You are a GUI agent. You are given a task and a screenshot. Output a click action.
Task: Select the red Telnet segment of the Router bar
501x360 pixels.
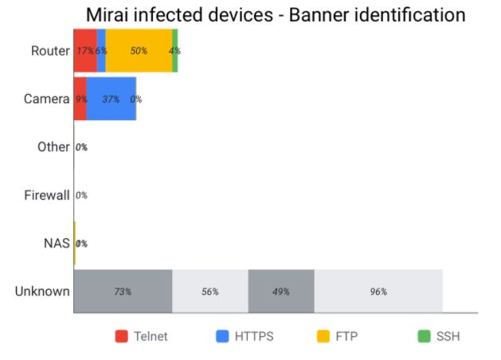84,51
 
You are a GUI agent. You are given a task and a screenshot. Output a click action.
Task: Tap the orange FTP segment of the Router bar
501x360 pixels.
139,51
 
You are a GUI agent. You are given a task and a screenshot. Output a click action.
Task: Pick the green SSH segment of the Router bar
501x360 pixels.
174,51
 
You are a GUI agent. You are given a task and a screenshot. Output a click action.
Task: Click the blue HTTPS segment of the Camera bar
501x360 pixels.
111,99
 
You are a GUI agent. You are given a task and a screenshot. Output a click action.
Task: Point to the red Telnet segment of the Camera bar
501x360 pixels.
80,99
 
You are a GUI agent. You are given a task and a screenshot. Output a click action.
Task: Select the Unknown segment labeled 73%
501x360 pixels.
123,292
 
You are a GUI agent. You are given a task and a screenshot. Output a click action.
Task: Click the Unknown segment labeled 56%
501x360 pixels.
210,292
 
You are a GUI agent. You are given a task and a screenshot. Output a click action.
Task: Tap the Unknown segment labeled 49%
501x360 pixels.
281,292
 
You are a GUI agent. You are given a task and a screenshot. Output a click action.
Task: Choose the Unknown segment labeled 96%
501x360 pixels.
378,292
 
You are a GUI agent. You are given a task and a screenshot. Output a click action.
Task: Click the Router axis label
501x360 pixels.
50,51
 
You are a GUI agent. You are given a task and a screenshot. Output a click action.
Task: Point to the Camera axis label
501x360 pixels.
46,99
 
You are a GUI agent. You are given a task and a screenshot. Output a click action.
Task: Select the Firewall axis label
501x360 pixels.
46,195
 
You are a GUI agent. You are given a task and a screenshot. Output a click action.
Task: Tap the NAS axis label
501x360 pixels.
57,243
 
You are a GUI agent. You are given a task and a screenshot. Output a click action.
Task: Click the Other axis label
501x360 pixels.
53,147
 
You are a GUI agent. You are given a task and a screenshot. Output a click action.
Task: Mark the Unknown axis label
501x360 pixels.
42,292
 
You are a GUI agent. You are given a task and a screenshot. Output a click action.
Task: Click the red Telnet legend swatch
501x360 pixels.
122,336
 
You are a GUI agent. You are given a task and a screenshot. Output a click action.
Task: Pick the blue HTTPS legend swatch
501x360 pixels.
223,336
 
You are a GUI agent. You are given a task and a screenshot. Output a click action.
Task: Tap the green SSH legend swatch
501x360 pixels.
425,336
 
